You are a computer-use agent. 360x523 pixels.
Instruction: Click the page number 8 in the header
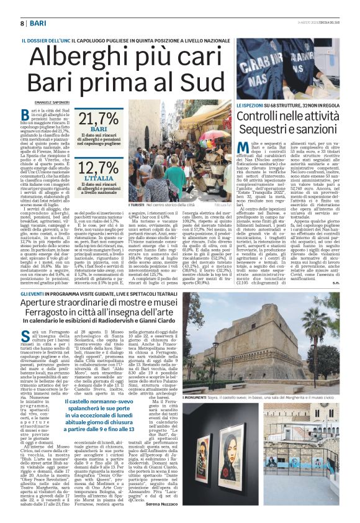[22, 23]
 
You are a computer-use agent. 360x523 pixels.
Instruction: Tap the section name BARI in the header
[37, 23]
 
